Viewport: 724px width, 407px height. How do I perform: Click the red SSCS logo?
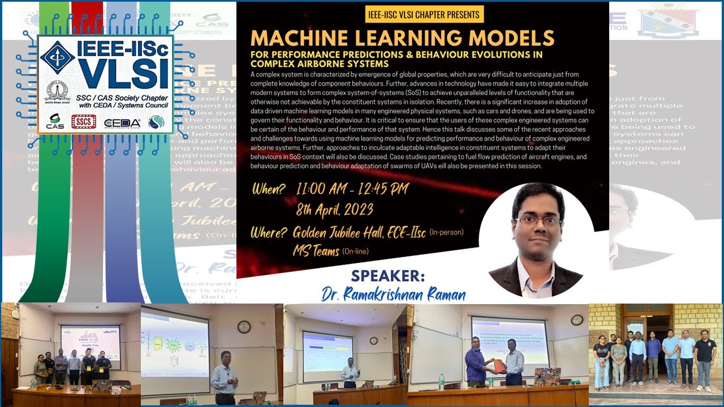83,122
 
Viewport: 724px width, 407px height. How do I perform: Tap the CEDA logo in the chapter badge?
122,122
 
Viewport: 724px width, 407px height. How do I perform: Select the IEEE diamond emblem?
57,57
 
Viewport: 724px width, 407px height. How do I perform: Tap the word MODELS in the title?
507,38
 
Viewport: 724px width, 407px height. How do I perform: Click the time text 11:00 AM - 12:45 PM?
352,189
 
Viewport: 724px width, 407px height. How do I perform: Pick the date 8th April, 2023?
335,210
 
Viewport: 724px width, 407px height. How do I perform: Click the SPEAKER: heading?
387,276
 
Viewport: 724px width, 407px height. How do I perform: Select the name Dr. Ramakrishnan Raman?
394,295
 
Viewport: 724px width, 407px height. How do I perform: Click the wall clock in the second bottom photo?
244,326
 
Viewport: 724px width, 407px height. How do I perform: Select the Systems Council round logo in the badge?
156,122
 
